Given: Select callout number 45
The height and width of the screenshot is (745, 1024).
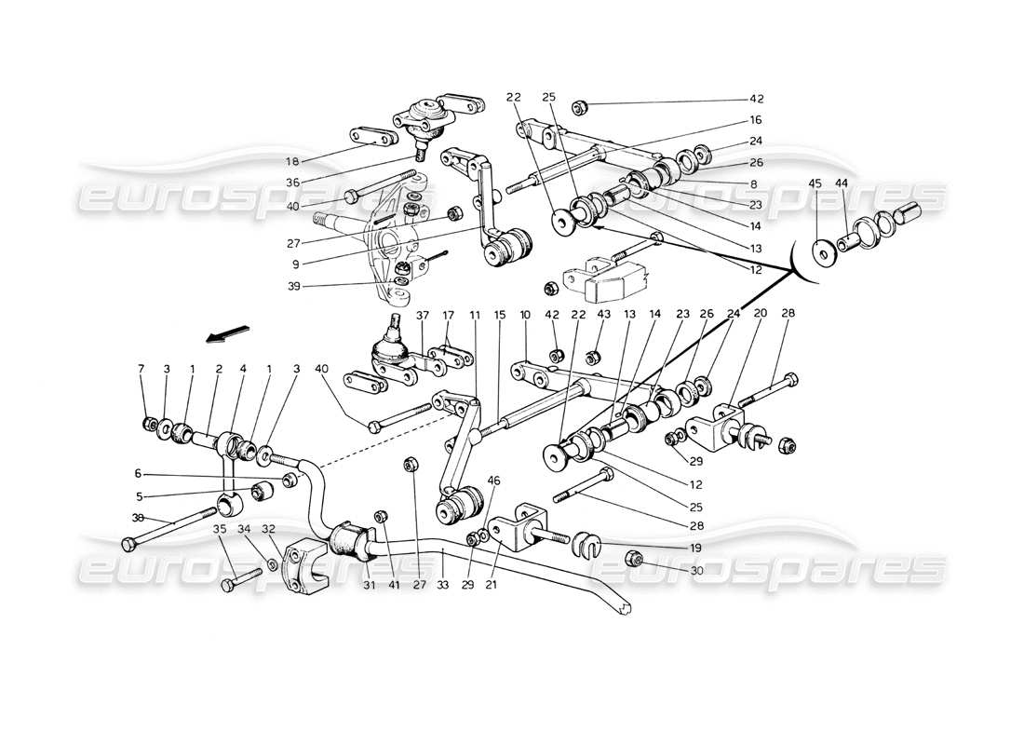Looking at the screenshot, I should point(815,183).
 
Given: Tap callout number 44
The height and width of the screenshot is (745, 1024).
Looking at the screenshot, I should point(841,183).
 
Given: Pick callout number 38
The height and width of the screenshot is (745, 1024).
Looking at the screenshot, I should point(137,518).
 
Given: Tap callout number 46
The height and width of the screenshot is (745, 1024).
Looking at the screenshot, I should point(493,481).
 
